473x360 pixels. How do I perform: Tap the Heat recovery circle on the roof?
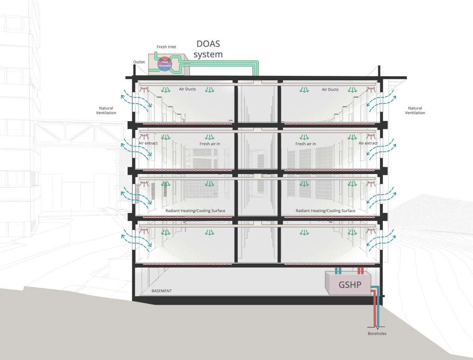coord(165,64)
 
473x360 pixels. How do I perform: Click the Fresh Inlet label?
coord(166,47)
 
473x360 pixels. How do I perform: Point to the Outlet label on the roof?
coord(139,62)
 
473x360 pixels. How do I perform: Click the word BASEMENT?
coord(161,291)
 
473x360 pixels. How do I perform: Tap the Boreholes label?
coord(377,334)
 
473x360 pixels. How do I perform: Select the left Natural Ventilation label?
coord(106,110)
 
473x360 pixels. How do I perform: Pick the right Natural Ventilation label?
coord(415,110)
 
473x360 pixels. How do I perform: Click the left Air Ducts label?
coord(187,89)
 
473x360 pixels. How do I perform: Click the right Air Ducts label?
coord(330,89)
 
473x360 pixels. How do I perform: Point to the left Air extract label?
coord(148,143)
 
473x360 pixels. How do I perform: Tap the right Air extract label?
coord(368,143)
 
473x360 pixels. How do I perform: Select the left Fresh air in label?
coord(209,144)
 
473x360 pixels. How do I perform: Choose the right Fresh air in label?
coord(306,144)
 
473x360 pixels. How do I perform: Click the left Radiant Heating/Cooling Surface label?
coord(195,211)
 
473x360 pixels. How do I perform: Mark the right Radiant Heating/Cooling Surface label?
coord(326,211)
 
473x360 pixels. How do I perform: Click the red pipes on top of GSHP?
coord(361,271)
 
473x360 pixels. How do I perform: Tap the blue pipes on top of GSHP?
coord(338,271)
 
